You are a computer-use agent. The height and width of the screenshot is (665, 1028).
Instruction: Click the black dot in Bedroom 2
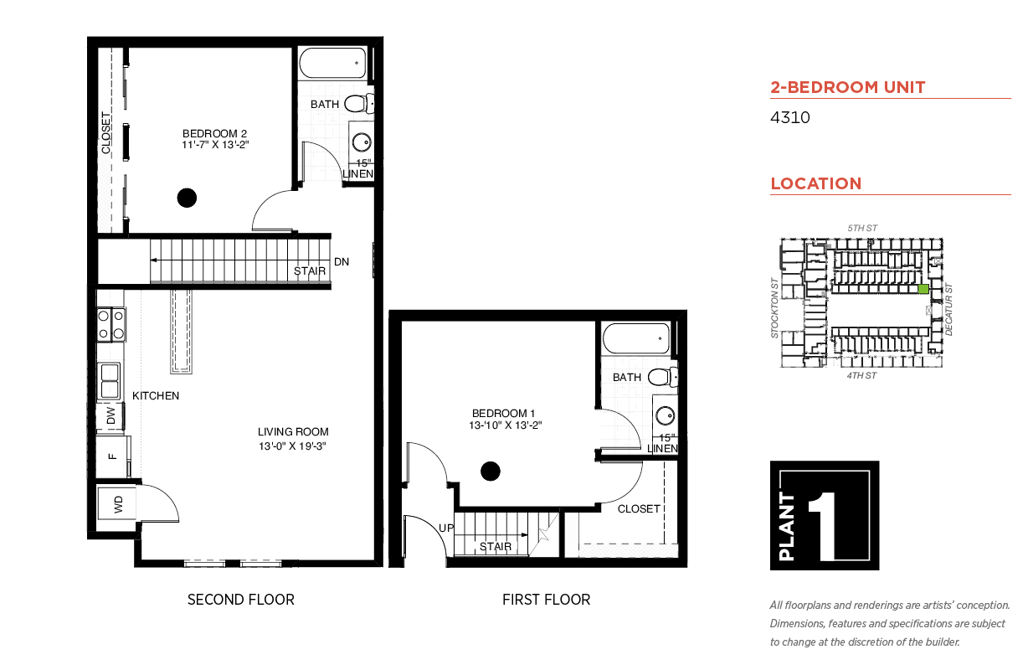click(187, 198)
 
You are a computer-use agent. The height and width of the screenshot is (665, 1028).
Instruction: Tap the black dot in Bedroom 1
click(490, 472)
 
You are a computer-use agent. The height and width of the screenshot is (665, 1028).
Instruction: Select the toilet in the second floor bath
click(359, 103)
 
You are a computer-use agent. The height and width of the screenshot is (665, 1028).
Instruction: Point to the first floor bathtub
click(636, 338)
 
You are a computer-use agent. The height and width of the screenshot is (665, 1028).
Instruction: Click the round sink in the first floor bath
click(665, 415)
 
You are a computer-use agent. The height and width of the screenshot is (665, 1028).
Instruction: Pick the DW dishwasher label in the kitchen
click(111, 416)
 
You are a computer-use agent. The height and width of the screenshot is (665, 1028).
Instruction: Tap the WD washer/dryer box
click(117, 504)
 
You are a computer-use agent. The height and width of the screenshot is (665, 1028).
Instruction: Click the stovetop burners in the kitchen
click(111, 325)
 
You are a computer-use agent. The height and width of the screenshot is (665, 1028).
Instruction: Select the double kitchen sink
click(110, 381)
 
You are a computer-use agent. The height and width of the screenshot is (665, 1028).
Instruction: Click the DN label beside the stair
click(342, 262)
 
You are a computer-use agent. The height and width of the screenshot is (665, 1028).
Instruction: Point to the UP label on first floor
click(446, 528)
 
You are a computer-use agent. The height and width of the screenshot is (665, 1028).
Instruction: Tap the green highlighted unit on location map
click(923, 289)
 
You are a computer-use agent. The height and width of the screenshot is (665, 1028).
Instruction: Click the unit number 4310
click(789, 117)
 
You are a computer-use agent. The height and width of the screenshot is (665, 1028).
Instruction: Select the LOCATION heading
click(816, 183)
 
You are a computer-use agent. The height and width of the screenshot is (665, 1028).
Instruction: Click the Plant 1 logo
click(825, 515)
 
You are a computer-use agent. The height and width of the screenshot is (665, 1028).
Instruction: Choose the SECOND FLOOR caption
click(241, 600)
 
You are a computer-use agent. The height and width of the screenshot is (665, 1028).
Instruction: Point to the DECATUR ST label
click(948, 310)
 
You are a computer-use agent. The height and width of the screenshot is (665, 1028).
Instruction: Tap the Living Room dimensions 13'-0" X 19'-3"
click(292, 446)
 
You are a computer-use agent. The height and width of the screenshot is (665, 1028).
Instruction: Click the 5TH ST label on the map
click(862, 229)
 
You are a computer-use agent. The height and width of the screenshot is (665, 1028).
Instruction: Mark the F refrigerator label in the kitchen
click(112, 456)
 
